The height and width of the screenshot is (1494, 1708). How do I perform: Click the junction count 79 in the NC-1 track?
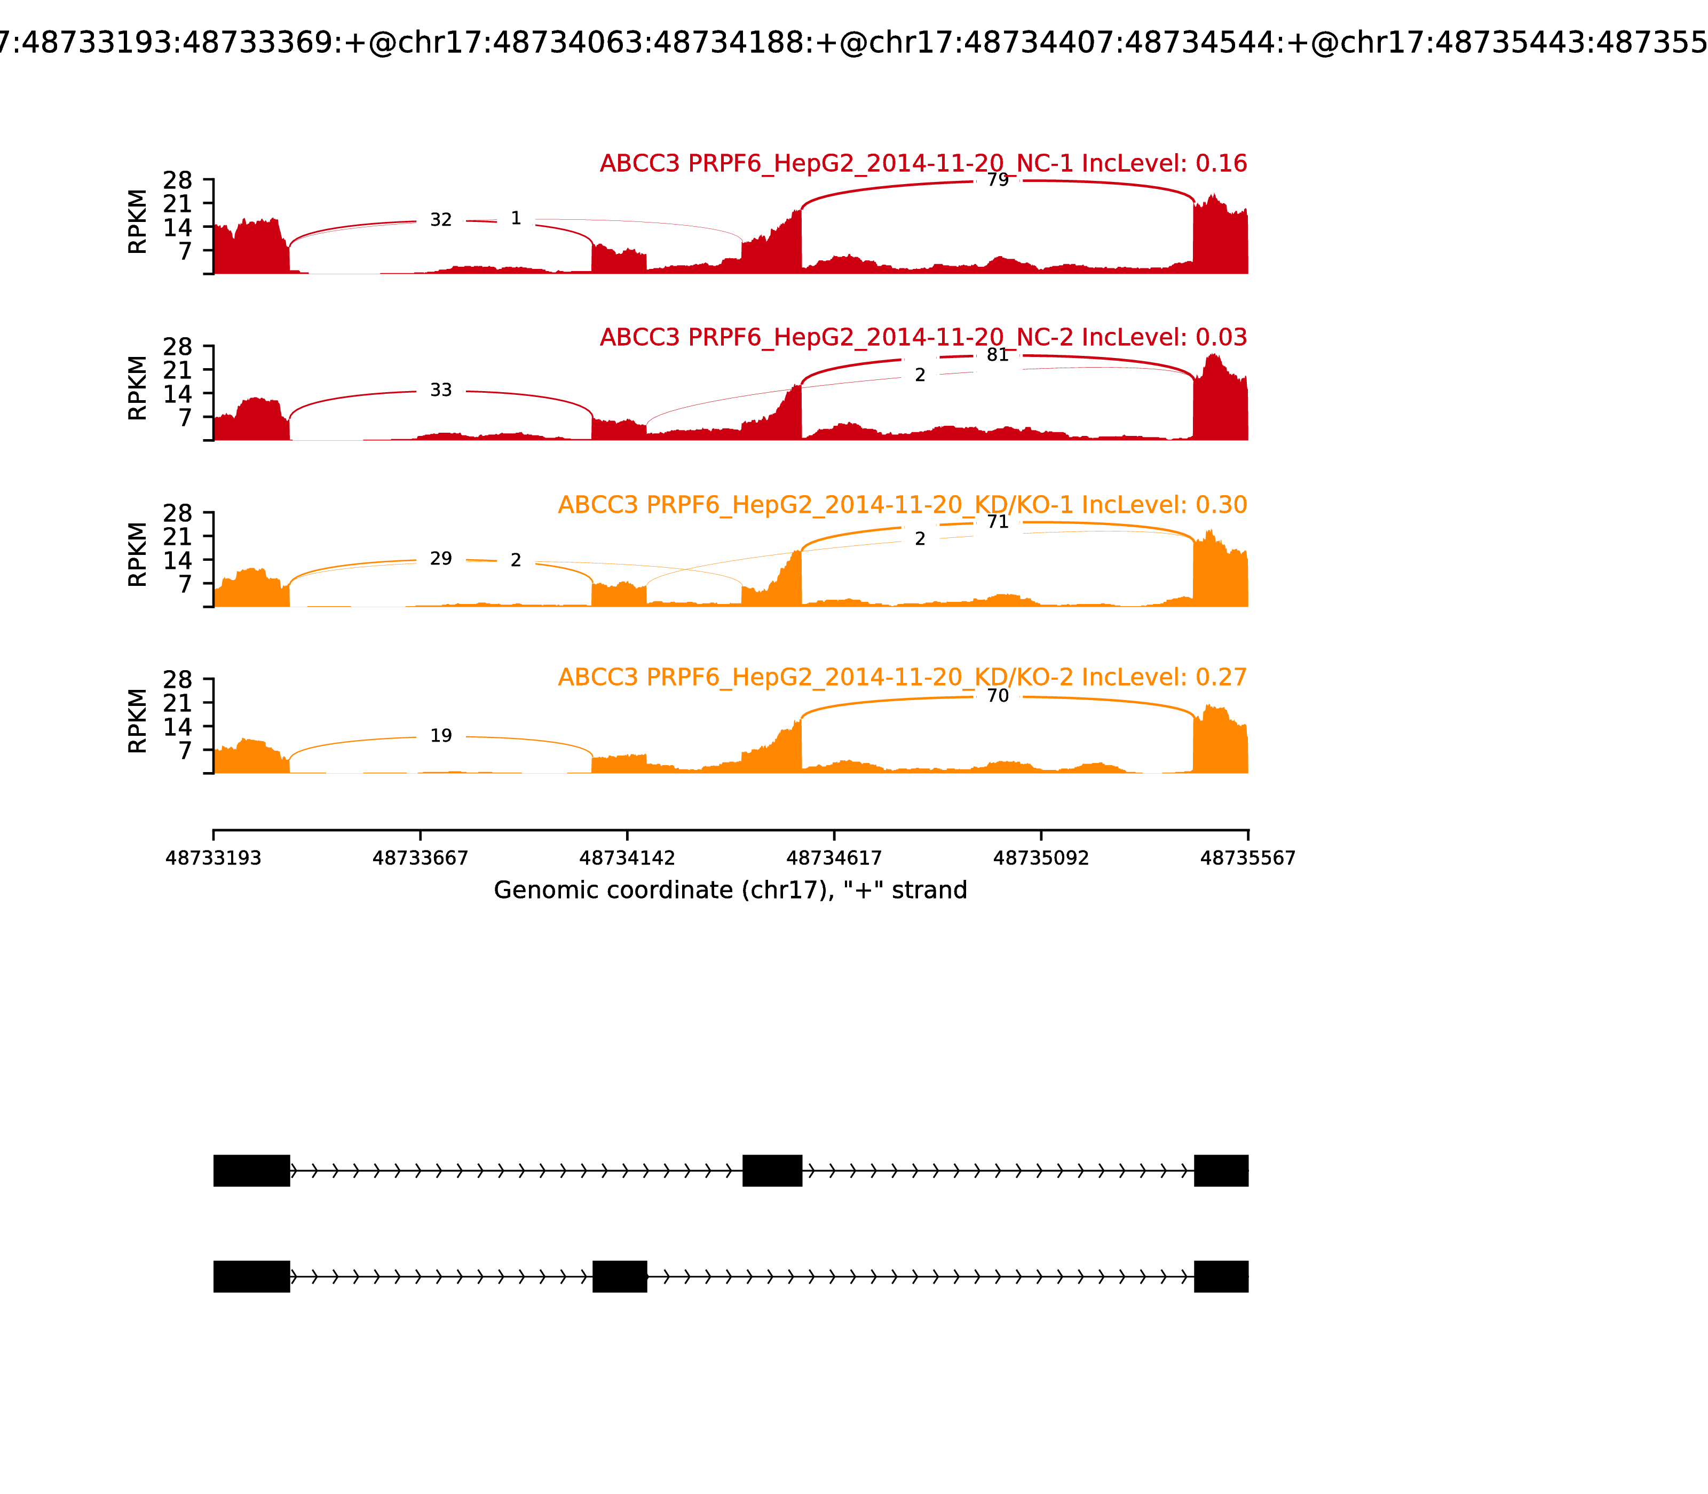[x=998, y=180]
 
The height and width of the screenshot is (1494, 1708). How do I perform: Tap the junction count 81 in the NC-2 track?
[x=998, y=355]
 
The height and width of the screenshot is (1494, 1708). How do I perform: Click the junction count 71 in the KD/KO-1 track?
[x=998, y=522]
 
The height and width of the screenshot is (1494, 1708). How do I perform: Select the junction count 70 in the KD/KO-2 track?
[x=998, y=695]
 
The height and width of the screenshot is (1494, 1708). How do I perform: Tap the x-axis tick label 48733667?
[x=421, y=858]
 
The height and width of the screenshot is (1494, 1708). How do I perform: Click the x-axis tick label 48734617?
[x=834, y=858]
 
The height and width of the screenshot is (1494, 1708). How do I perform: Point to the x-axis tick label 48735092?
[x=1041, y=858]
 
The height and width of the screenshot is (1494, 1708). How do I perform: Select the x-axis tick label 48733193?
[x=213, y=858]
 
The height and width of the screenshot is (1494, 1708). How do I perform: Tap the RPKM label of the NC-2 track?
[x=138, y=388]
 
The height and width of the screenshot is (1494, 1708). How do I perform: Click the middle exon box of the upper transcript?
[x=772, y=1171]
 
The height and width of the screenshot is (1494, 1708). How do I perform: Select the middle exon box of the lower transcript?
[x=620, y=1276]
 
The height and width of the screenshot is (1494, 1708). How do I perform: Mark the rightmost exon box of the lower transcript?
[x=1221, y=1276]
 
